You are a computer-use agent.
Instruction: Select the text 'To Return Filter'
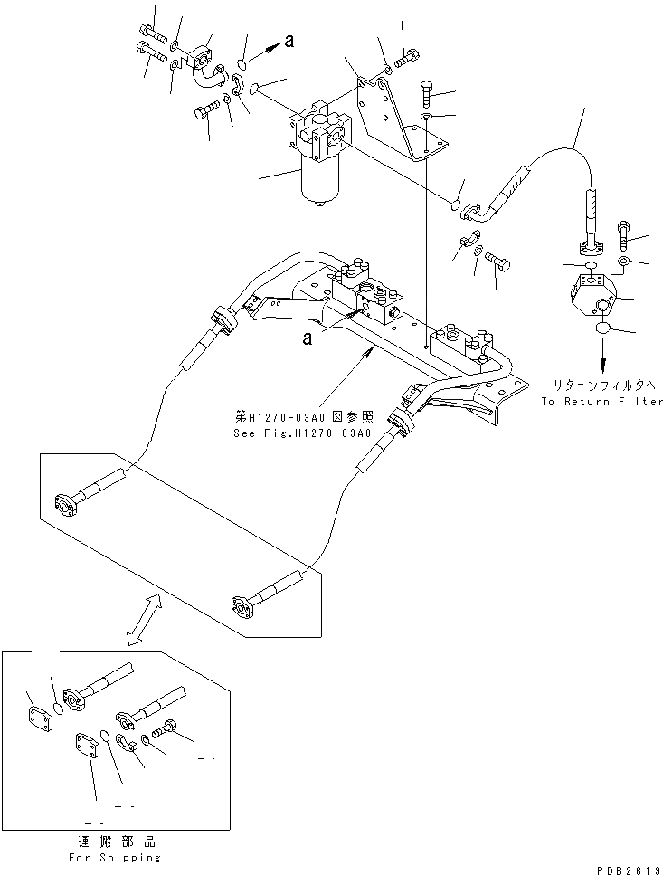click(x=601, y=401)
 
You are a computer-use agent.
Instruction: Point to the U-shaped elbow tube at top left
click(x=207, y=72)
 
